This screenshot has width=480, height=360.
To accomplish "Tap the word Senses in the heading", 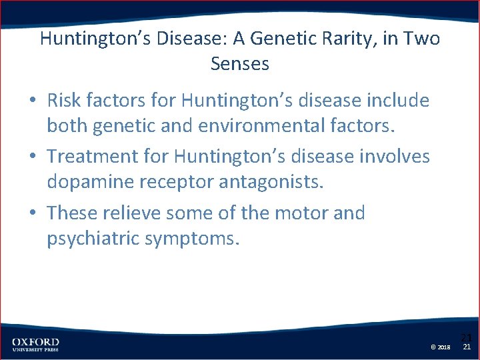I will [x=240, y=64].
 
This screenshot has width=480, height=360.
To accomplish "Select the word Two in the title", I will [x=421, y=39].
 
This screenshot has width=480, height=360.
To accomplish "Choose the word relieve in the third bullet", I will [x=136, y=213].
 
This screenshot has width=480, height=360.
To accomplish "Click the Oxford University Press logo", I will [x=35, y=345].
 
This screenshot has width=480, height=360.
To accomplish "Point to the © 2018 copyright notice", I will [x=441, y=347].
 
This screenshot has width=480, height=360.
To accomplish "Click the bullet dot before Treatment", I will [x=33, y=157].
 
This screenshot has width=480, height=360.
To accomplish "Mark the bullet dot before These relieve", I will [x=33, y=214].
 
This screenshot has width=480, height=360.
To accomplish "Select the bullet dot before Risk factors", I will [x=33, y=101].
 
